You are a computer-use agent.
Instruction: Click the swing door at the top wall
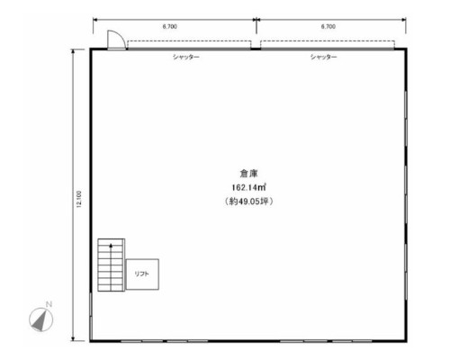(x=116, y=40)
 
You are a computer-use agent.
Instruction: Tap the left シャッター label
(x=186, y=57)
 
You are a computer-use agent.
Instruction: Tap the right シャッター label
(x=324, y=57)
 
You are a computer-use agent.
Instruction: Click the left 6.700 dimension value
(x=170, y=26)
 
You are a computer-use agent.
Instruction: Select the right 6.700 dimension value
(x=328, y=26)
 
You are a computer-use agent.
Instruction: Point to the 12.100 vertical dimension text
(x=79, y=199)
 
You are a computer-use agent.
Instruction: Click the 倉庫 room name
(x=248, y=174)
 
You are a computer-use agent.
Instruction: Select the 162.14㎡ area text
(x=248, y=187)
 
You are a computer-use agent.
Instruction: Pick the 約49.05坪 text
(x=248, y=202)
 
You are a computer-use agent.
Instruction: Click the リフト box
(x=142, y=274)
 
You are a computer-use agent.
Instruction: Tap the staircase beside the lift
(x=111, y=265)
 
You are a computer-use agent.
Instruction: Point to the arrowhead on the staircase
(x=111, y=245)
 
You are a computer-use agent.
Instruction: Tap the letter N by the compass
(x=49, y=304)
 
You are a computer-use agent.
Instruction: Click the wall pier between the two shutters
(x=256, y=49)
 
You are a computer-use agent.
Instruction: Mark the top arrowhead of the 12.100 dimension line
(x=73, y=51)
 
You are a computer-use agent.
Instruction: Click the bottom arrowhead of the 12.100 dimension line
(x=73, y=338)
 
